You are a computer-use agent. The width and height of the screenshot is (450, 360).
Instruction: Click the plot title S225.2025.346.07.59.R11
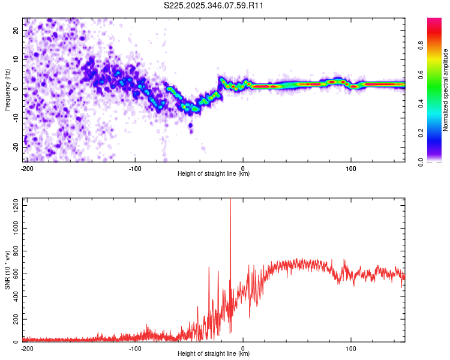pos(214,6)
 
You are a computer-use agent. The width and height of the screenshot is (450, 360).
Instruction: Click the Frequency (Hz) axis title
pos(7,89)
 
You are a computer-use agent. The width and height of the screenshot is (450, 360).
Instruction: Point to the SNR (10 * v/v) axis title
pos(7,270)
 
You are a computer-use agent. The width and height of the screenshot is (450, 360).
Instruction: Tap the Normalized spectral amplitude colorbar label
pos(445,90)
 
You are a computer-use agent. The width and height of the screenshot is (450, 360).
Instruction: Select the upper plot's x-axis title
pos(214,173)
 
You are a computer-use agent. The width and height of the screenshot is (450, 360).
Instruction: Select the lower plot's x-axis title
pos(214,353)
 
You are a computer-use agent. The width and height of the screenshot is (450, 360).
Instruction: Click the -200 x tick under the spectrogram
pos(27,168)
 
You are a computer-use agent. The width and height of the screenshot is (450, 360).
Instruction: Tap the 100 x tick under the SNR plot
pos(351,348)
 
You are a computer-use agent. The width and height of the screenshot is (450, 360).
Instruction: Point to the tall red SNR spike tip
pos(230,199)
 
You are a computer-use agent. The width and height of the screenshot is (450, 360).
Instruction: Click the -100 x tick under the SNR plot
pos(134,348)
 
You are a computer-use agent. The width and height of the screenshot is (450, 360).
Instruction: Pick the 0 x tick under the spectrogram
pos(243,168)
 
